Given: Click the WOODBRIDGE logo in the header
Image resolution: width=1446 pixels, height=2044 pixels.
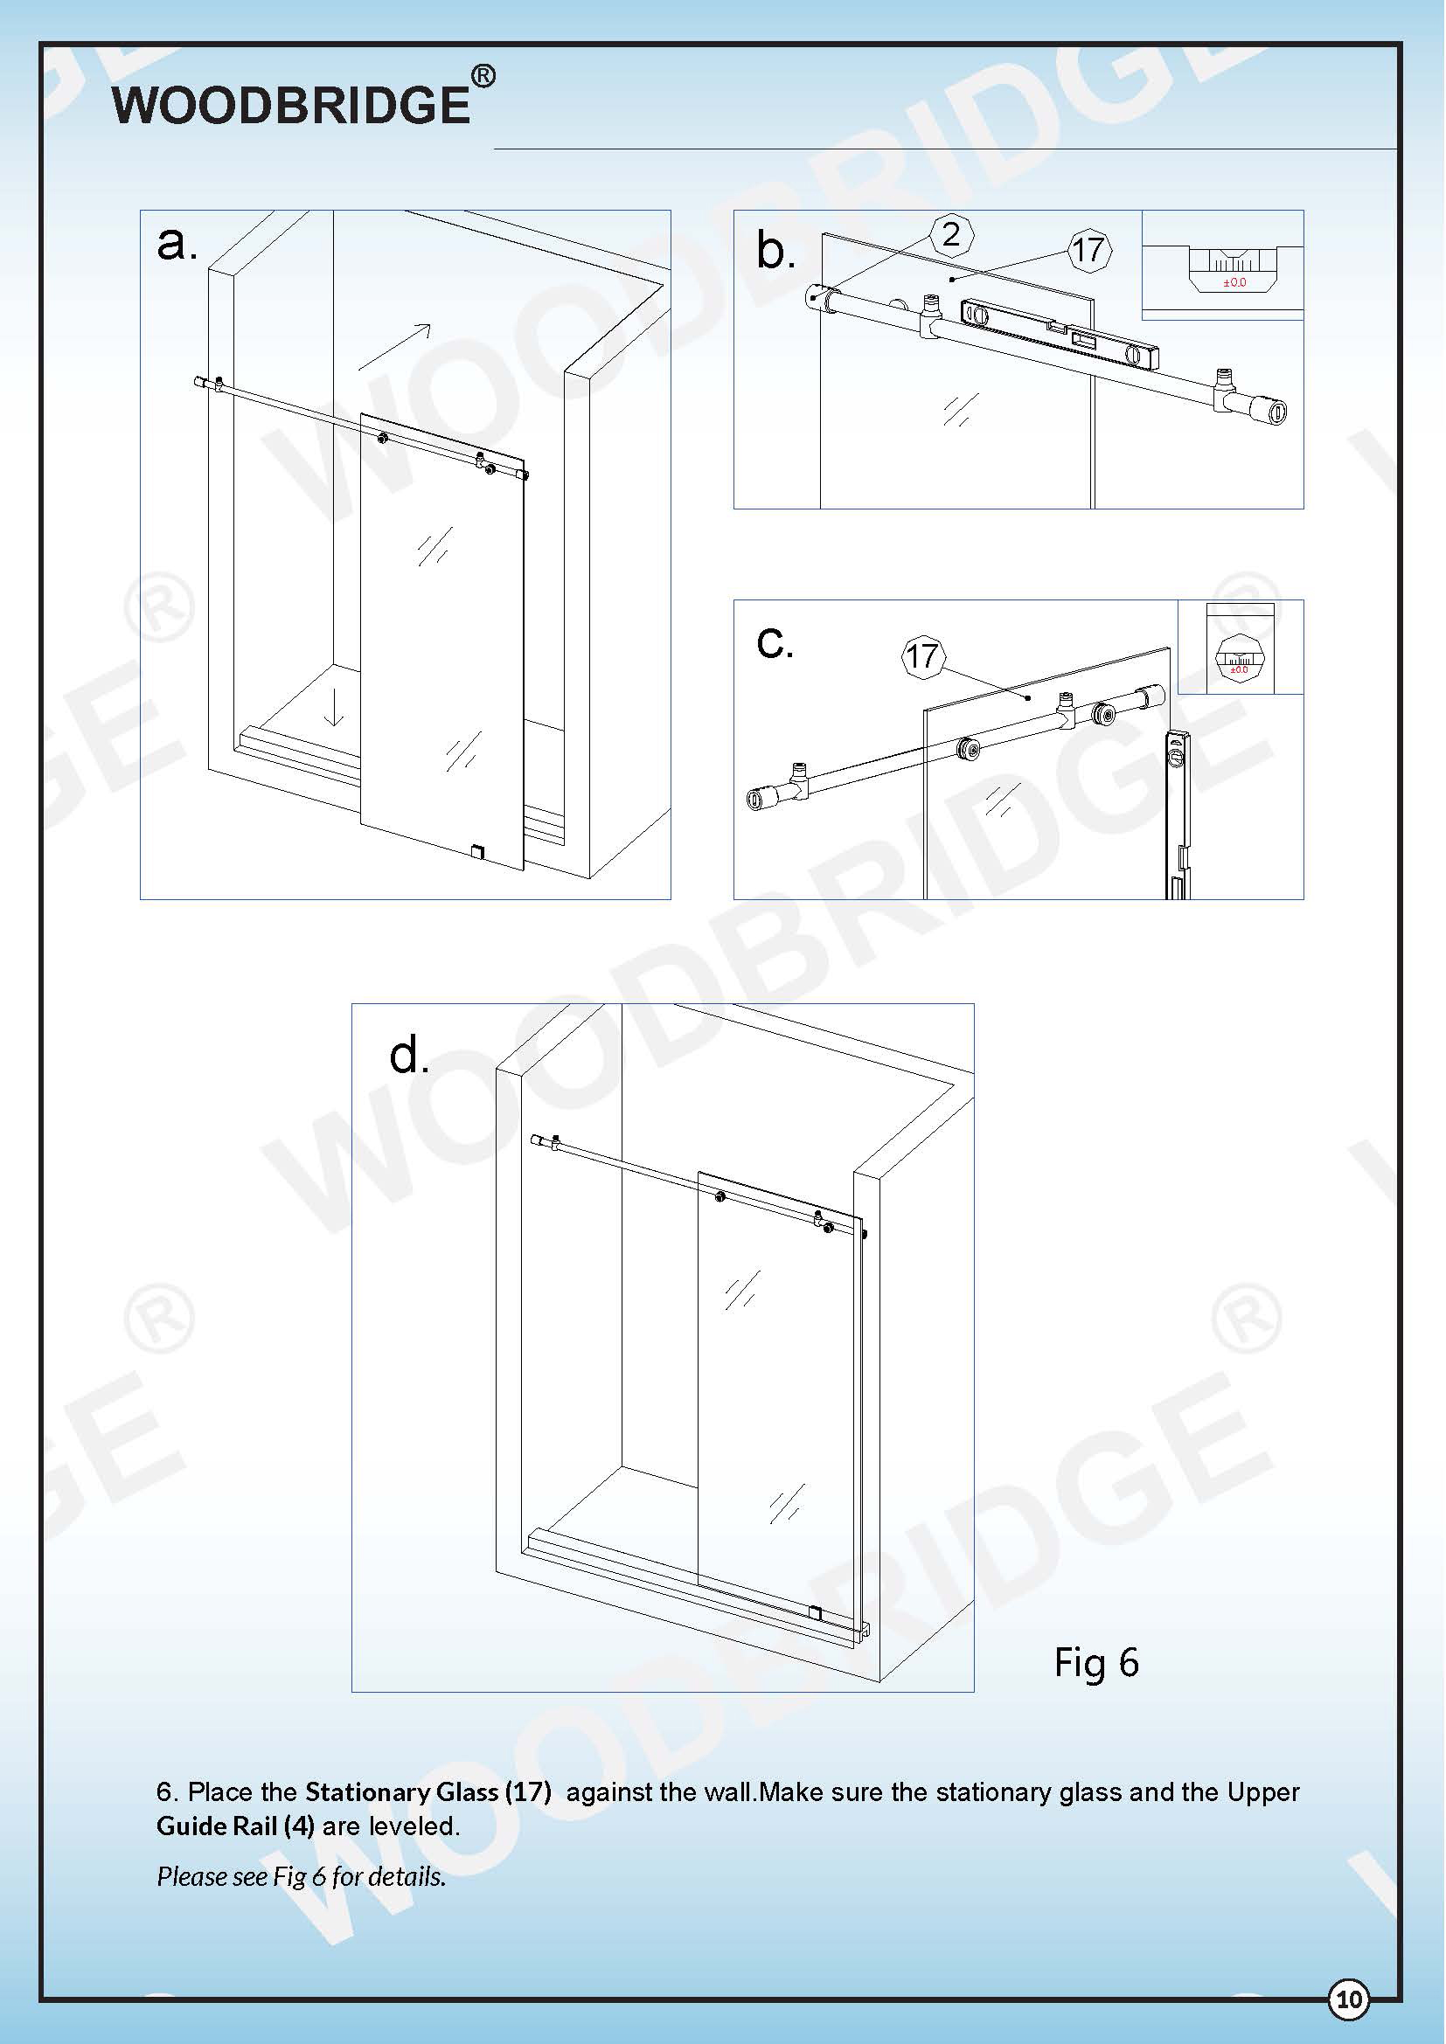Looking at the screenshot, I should coord(290,105).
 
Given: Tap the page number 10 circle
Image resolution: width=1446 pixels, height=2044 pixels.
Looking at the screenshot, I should coord(1349,1999).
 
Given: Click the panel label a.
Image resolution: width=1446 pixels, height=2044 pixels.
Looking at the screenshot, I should coord(177,243).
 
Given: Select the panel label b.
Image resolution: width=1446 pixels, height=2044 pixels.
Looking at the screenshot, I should coord(775,250).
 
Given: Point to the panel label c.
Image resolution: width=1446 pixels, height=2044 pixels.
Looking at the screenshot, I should coord(774,642).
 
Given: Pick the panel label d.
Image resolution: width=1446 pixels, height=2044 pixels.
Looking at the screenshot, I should coord(409,1056).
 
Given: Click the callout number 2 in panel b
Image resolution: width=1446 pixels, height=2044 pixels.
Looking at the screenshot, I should coord(951,235).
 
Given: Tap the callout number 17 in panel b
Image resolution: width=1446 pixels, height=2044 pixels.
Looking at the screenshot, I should coord(1088,250).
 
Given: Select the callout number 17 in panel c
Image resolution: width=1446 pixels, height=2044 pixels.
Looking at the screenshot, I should coord(922,657).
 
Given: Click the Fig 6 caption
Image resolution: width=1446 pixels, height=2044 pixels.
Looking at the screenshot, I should coord(1096,1663).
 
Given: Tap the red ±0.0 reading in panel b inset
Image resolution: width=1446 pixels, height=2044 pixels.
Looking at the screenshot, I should coord(1234,283).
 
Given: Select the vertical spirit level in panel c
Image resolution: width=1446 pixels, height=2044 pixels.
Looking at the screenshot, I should coord(1177,810).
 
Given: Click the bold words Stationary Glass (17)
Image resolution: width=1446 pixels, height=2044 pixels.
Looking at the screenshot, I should coord(428,1792).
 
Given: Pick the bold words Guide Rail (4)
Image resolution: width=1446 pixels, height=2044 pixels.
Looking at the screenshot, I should coord(235,1826).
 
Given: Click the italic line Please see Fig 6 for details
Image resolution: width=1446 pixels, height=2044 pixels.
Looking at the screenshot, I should coord(301,1876).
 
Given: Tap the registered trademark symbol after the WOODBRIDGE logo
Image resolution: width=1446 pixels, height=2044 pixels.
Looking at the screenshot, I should coord(483,78).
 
